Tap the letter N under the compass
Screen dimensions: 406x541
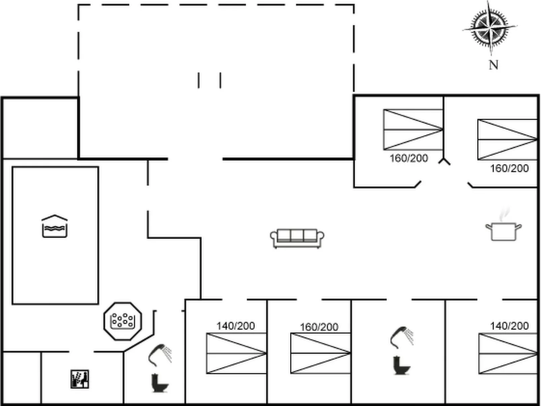tap(494, 65)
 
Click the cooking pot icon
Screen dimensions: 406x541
tap(504, 231)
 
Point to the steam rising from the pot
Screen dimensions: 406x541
tap(504, 214)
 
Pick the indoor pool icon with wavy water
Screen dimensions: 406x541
tap(55, 226)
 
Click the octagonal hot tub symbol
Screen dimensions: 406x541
tap(123, 321)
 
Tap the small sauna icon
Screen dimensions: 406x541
tap(80, 379)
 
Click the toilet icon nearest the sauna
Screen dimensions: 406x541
tap(159, 383)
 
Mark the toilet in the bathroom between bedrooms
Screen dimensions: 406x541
tap(401, 366)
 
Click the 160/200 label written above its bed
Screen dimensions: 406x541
tap(319, 327)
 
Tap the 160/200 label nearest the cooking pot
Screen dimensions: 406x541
tap(509, 168)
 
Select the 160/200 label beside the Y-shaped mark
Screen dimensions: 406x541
tap(409, 158)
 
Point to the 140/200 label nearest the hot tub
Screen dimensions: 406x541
tap(235, 326)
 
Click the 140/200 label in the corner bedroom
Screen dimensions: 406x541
tap(509, 326)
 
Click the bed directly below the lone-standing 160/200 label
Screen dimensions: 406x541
tap(320, 353)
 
